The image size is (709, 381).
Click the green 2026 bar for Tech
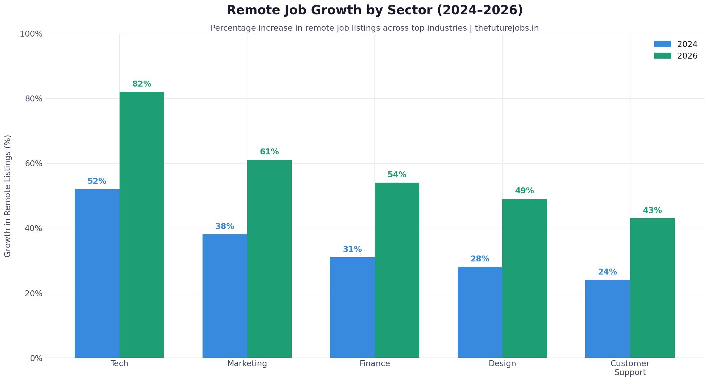142,225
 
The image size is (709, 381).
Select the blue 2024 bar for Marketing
225,296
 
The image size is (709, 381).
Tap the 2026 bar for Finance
397,270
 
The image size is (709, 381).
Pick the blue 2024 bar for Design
480,312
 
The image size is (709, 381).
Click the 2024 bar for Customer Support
607,319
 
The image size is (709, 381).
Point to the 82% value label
142,84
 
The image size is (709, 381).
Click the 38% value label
225,227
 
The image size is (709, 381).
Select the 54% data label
397,175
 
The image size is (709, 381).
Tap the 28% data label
480,259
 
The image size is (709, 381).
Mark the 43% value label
652,211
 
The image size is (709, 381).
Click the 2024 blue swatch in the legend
662,44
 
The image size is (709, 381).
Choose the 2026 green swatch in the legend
662,56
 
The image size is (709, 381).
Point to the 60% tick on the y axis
34,164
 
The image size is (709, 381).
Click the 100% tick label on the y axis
31,34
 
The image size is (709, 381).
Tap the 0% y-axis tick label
36,358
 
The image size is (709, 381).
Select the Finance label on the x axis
374,363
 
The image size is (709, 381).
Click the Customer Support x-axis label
630,368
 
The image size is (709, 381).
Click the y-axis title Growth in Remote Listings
8,196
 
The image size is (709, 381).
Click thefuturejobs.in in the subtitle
506,28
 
